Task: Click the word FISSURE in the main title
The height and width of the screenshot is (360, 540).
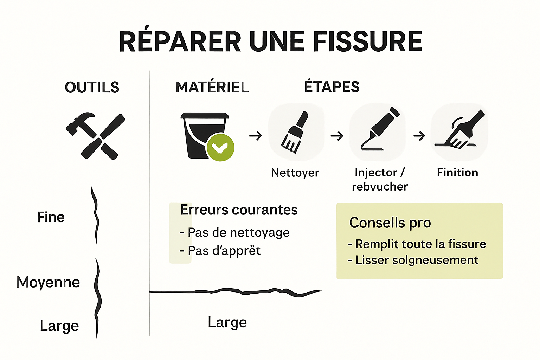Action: click(x=367, y=41)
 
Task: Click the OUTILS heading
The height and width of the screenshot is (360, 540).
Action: click(x=92, y=87)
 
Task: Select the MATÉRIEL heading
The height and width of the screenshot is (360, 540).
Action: click(x=212, y=87)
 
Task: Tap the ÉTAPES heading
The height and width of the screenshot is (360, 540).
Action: click(x=332, y=87)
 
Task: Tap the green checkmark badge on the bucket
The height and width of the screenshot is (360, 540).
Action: click(x=220, y=148)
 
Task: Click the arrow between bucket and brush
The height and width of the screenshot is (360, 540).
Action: click(x=256, y=136)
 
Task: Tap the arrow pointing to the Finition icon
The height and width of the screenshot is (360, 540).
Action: click(x=419, y=136)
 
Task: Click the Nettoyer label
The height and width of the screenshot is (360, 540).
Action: click(x=295, y=173)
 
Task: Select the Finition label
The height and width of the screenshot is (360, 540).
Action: click(x=457, y=172)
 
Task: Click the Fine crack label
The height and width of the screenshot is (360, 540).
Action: click(x=51, y=217)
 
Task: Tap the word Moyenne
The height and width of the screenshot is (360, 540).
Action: click(x=48, y=282)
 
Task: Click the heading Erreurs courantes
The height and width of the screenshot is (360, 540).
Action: click(x=239, y=210)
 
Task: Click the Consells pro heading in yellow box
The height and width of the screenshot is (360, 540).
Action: click(x=390, y=223)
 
